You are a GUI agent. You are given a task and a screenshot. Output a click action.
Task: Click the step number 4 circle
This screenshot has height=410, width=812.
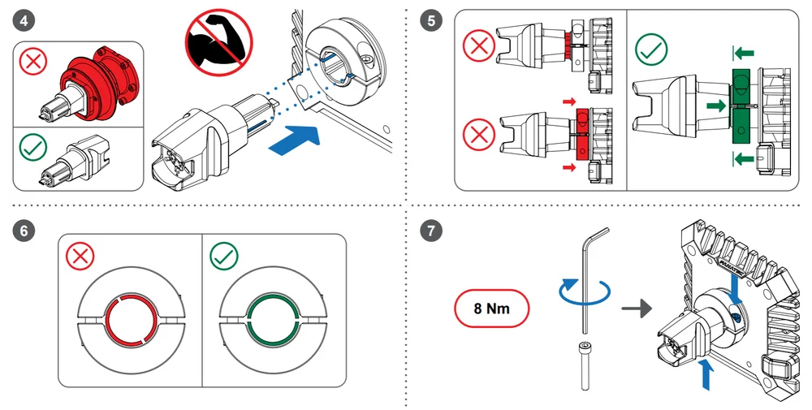pos(24,20)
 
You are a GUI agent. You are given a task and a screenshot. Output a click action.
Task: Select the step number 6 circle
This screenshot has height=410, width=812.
pos(24,230)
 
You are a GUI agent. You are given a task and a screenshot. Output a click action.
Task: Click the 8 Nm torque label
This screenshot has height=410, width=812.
pos(492,309)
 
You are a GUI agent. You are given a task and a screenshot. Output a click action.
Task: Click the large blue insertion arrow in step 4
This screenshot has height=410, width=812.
pos(297,139)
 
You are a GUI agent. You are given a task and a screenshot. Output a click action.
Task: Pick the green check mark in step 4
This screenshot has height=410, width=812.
pos(33,146)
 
